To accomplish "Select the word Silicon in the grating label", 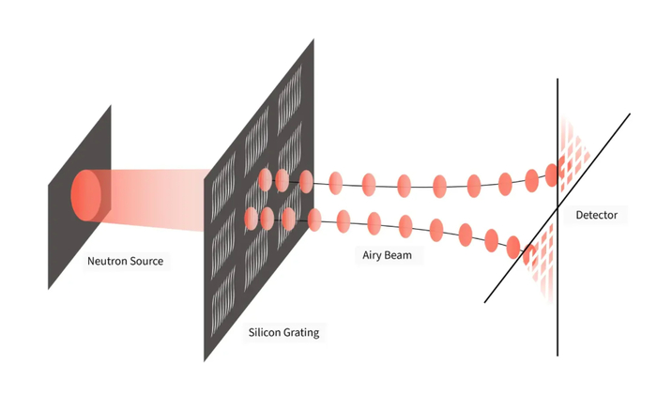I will [x=267, y=333].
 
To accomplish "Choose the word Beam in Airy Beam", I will [x=405, y=255].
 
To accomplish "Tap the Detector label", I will [x=597, y=216].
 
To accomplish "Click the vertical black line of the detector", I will [x=558, y=300].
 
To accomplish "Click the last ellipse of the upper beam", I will [x=552, y=175].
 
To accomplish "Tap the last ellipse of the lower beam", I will [x=514, y=246].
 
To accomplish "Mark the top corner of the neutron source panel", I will [x=111, y=106].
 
